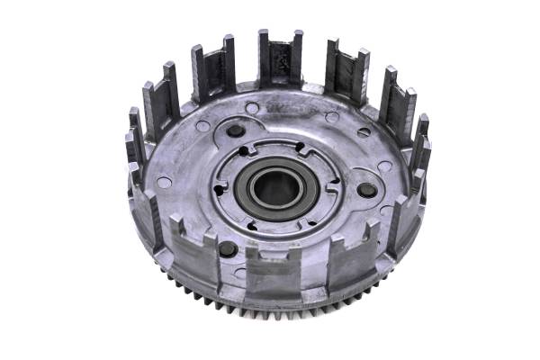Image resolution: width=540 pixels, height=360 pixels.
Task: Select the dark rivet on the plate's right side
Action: click(366, 190)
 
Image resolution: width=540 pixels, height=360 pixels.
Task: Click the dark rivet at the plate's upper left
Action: click(236, 130)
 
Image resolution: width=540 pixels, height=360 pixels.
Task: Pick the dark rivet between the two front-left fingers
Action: click(228, 248)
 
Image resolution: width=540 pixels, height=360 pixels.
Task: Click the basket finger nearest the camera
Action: click(273, 274)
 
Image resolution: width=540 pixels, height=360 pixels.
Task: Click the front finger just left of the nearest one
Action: click(197, 256)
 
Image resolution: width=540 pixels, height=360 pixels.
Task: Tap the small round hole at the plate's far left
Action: click(164, 182)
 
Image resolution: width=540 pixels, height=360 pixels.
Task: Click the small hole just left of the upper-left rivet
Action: click(204, 127)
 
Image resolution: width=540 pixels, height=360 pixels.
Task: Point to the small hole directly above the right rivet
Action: click(384, 166)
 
